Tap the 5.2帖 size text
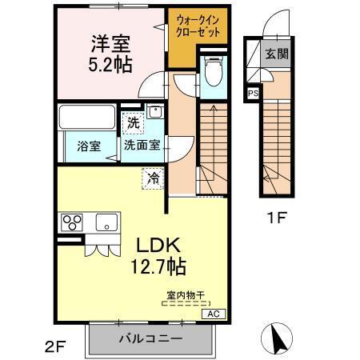click(110, 63)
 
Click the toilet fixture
click(213, 77)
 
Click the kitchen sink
click(106, 222)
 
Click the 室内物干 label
click(184, 295)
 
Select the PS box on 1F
click(254, 93)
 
